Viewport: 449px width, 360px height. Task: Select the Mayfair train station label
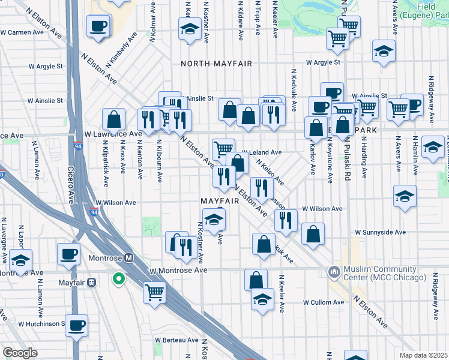click(72, 282)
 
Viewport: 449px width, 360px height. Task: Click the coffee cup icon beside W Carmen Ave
click(98, 26)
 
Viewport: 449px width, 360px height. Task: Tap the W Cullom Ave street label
click(322, 302)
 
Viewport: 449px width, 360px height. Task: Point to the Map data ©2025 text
click(424, 355)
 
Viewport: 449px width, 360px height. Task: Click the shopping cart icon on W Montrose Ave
click(154, 293)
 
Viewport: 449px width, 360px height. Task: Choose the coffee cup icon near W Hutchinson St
click(76, 325)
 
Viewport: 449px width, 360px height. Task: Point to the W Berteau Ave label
click(176, 340)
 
